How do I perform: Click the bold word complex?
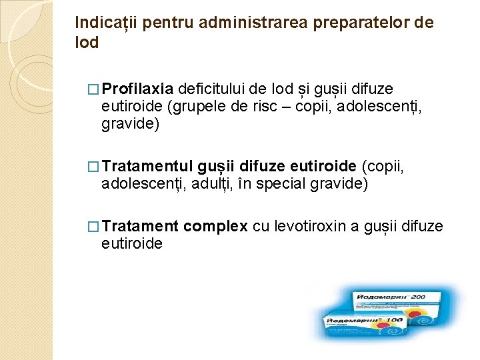point(215,227)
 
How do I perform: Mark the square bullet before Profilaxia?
point(95,89)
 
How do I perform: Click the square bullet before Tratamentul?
point(95,165)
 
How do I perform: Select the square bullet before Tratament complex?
point(95,227)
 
